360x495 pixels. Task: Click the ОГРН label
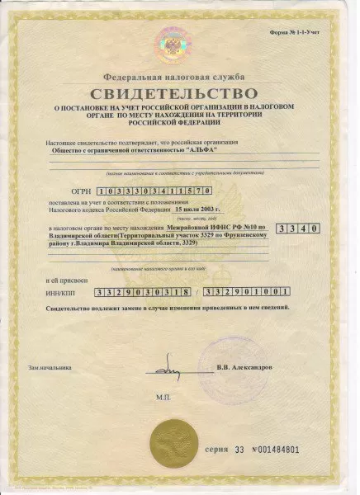80,191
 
